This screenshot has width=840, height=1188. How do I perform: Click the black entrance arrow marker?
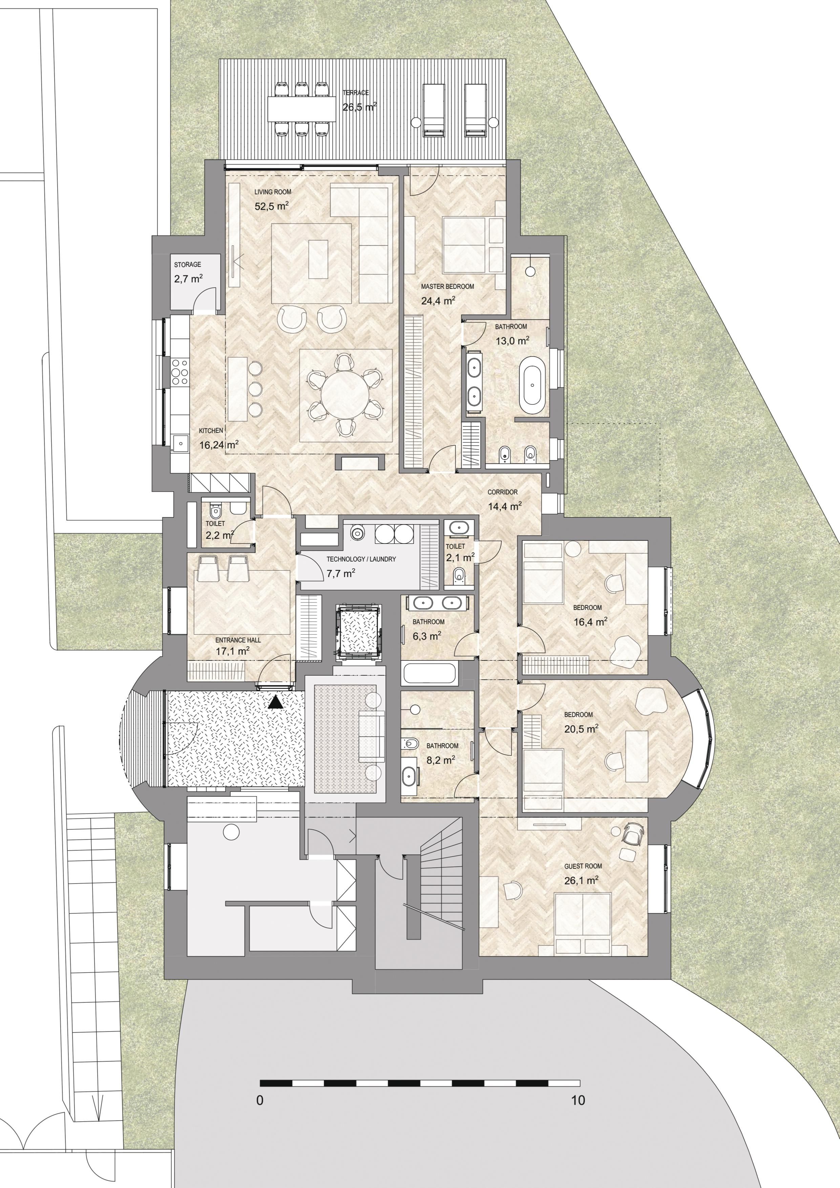276,702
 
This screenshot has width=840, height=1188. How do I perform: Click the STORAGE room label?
187,265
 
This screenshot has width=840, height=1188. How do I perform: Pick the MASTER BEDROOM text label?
447,287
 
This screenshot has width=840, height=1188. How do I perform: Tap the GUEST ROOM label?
583,866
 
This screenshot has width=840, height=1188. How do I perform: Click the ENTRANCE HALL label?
238,640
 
